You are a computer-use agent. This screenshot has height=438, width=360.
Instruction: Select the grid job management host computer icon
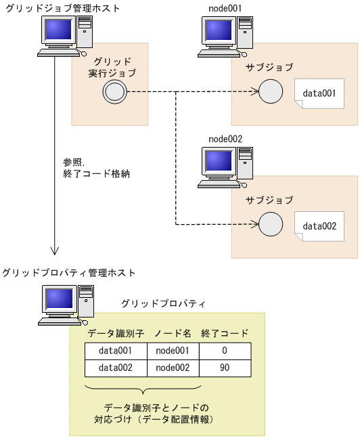click(x=66, y=38)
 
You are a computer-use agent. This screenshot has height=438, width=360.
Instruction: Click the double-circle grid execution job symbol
click(x=113, y=92)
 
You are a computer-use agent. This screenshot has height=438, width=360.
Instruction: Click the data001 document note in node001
click(x=319, y=93)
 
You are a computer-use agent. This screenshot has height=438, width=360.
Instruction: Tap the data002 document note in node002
click(x=319, y=226)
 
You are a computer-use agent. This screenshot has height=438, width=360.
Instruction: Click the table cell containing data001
click(x=116, y=351)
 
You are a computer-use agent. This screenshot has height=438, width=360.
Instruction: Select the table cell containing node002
click(x=173, y=368)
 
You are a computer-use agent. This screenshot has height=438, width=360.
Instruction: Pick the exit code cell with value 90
click(x=225, y=368)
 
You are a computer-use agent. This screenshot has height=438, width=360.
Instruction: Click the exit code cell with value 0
click(x=225, y=351)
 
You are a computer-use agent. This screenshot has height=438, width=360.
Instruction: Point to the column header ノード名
click(x=173, y=333)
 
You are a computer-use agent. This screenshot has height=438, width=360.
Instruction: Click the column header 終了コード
click(x=225, y=333)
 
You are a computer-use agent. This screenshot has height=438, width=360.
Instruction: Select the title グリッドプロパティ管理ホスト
click(x=69, y=273)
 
